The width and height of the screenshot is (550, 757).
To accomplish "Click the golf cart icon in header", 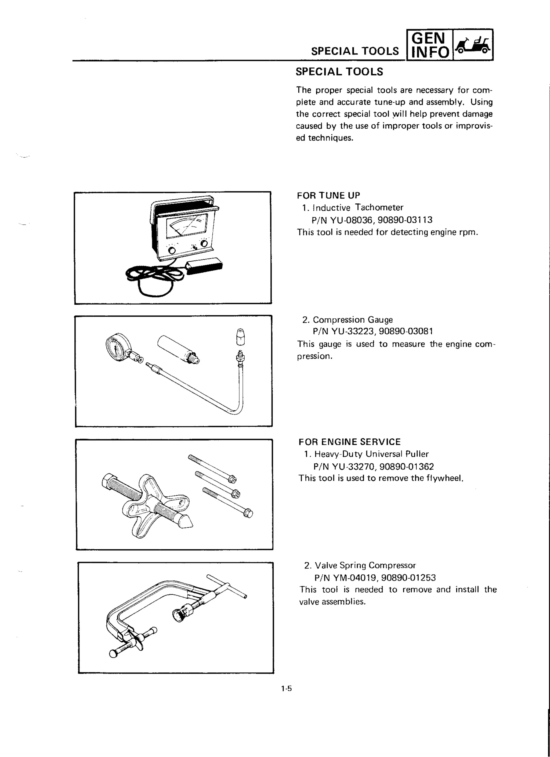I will (473, 45).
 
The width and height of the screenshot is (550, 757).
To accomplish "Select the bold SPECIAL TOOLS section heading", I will (339, 72).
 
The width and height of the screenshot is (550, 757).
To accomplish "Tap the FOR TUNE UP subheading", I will (328, 195).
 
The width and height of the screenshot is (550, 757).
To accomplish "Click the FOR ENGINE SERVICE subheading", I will (349, 442).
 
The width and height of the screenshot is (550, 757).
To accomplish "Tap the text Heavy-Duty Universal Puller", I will (371, 454).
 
